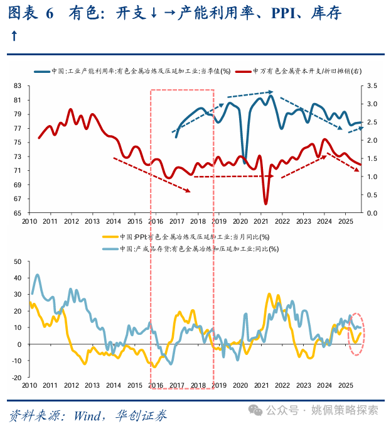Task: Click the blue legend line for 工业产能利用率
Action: [43, 72]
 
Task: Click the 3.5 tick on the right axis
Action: [372, 85]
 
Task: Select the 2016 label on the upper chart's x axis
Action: [156, 221]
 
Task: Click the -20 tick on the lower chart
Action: [16, 378]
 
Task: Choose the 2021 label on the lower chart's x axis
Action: [262, 385]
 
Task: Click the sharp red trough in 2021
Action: [265, 203]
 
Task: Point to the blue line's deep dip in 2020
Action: [244, 162]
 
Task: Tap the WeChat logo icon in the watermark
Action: [256, 410]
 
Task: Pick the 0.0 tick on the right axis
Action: [372, 213]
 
